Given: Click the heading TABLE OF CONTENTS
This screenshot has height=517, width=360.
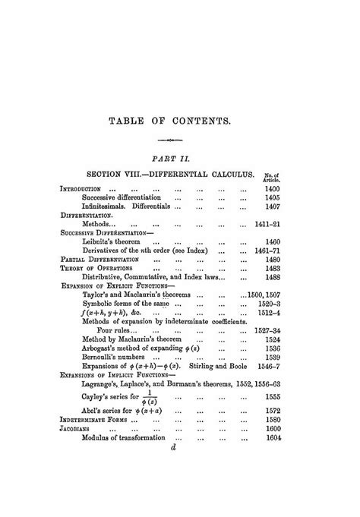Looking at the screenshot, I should tap(179, 120).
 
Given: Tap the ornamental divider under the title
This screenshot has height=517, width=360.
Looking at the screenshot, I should tap(180, 140).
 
